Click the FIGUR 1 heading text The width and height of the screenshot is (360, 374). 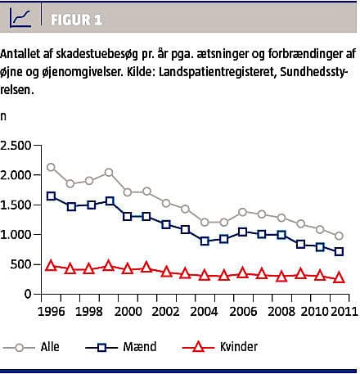[76, 20]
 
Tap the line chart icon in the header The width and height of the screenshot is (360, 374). [20, 17]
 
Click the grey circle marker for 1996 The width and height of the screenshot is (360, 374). [51, 167]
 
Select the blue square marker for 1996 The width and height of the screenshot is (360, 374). [51, 196]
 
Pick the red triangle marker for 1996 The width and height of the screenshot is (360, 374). [51, 265]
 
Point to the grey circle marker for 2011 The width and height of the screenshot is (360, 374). [339, 236]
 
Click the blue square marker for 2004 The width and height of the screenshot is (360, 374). [205, 241]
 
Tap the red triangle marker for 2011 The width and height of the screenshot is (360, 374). [339, 277]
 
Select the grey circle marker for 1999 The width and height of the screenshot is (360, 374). [109, 173]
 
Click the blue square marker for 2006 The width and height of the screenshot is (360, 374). [243, 232]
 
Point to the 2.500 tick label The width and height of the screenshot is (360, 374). [16, 146]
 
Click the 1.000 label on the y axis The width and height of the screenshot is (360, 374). [16, 235]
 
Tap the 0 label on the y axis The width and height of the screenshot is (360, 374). [28, 294]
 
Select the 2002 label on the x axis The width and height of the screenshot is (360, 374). [165, 311]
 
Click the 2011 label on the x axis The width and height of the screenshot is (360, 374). [344, 311]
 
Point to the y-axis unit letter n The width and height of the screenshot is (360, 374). [3, 117]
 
